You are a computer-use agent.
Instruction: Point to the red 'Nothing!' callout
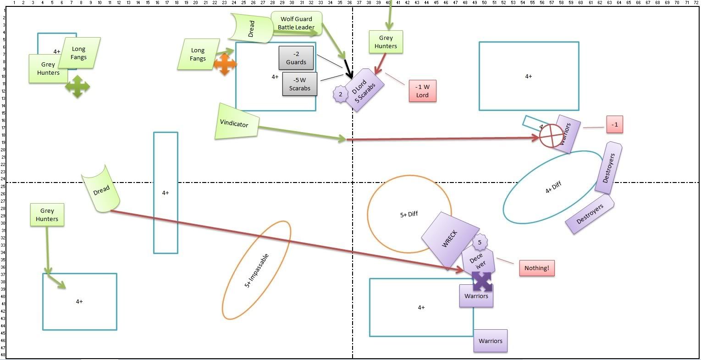click(x=536, y=268)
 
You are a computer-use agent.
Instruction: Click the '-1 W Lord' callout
click(x=422, y=91)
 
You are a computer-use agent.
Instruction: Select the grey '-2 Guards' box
click(x=296, y=58)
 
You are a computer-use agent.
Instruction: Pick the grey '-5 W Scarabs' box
click(x=299, y=84)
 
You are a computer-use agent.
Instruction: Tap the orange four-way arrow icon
click(x=224, y=64)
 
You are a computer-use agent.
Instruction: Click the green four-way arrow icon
click(x=77, y=86)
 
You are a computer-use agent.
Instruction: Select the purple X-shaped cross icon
click(x=482, y=282)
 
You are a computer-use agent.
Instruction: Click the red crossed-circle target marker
click(x=551, y=136)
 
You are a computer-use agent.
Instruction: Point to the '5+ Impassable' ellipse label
click(x=256, y=271)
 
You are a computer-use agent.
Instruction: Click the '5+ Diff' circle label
click(x=409, y=214)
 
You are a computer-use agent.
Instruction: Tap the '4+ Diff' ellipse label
click(x=553, y=187)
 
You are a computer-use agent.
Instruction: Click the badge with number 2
click(x=341, y=94)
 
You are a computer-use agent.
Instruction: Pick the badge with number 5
click(x=480, y=242)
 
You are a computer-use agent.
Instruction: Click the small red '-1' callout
click(x=615, y=125)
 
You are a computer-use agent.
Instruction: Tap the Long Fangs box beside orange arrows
click(x=198, y=55)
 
